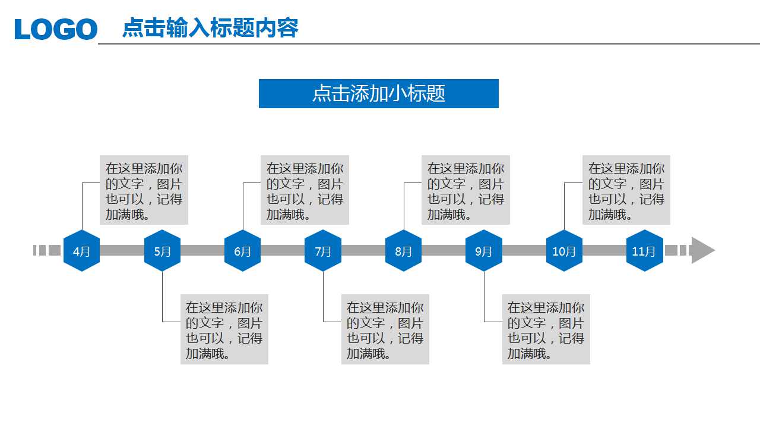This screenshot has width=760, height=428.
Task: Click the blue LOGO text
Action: (x=56, y=29)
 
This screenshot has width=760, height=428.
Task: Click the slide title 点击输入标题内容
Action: (x=210, y=28)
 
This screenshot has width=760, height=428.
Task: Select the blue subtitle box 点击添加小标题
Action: (x=379, y=93)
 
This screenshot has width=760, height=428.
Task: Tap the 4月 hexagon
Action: (x=81, y=251)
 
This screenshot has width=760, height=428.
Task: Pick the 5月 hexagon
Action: (x=162, y=251)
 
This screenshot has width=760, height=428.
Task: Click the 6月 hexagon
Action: (x=242, y=251)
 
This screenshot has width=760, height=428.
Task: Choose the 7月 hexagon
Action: (x=323, y=251)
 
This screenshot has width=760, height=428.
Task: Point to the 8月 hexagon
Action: (x=403, y=251)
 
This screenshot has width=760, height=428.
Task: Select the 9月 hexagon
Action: (x=484, y=251)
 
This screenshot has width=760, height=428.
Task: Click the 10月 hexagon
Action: (x=564, y=251)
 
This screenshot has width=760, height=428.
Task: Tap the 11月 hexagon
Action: (x=644, y=251)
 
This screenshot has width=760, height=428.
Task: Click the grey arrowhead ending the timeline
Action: (x=702, y=250)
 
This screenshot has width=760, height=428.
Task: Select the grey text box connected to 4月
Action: (x=144, y=190)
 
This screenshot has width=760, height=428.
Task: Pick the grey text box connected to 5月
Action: (x=224, y=329)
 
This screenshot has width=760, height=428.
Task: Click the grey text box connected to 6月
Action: (x=305, y=190)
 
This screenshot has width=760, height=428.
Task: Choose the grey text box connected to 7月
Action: (x=385, y=329)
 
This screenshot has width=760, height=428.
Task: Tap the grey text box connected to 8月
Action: (x=465, y=190)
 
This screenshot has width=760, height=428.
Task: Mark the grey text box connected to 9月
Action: (x=546, y=329)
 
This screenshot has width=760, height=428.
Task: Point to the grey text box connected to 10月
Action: (x=626, y=190)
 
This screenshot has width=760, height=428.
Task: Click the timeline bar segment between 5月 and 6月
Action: (x=202, y=251)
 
